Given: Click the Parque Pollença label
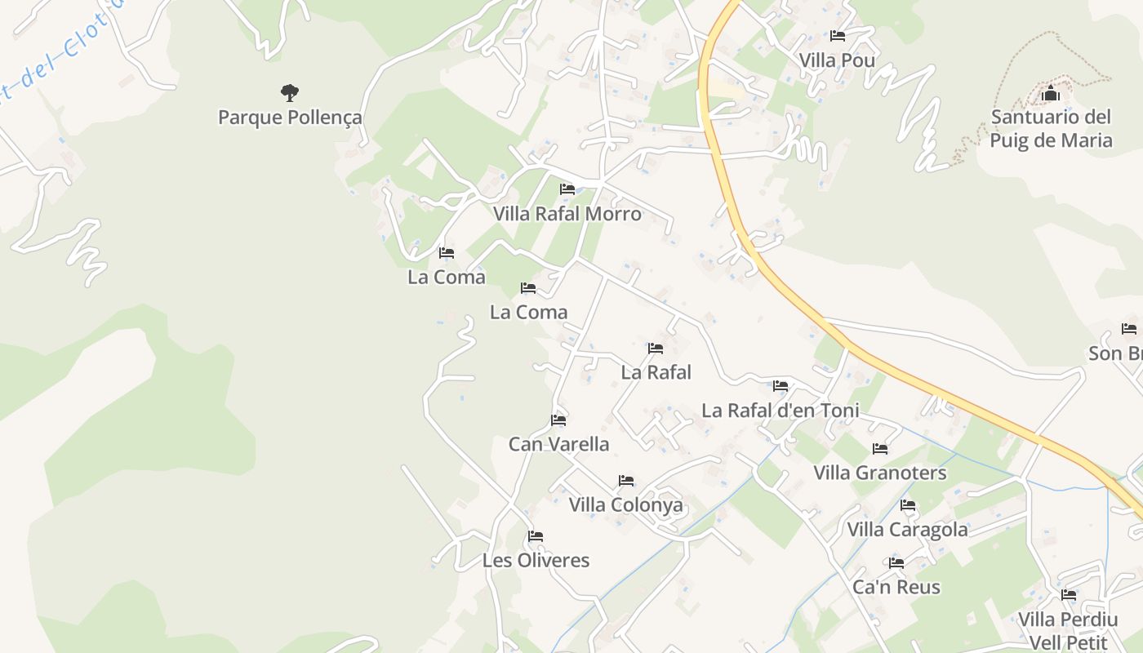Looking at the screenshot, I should [x=290, y=118].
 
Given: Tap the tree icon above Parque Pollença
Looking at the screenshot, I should [x=290, y=92].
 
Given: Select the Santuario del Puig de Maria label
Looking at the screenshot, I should [x=1051, y=129].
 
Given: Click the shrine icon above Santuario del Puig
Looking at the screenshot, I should [x=1051, y=93].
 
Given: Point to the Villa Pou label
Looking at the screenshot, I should [x=837, y=60].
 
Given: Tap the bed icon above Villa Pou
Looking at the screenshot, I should [x=837, y=36].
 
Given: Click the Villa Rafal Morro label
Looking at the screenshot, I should [x=567, y=214].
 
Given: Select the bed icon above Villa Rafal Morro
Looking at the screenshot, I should [x=567, y=189].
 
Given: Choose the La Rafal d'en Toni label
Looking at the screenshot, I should [x=781, y=410].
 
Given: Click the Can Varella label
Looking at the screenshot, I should [x=558, y=444].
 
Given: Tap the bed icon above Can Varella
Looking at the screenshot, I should [x=558, y=420].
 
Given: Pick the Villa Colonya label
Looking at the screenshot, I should [x=625, y=504].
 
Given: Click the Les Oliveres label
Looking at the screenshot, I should [x=536, y=561].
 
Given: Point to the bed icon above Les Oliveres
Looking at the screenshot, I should [x=536, y=536].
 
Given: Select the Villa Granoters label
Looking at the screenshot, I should [x=880, y=473].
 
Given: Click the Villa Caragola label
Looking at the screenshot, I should [x=907, y=530].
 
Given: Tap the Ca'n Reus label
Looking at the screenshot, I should [x=896, y=587].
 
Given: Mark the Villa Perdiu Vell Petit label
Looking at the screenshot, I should [x=1068, y=630].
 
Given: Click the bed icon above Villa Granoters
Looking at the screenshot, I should [x=880, y=449].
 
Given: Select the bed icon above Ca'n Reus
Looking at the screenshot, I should [x=896, y=563].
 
